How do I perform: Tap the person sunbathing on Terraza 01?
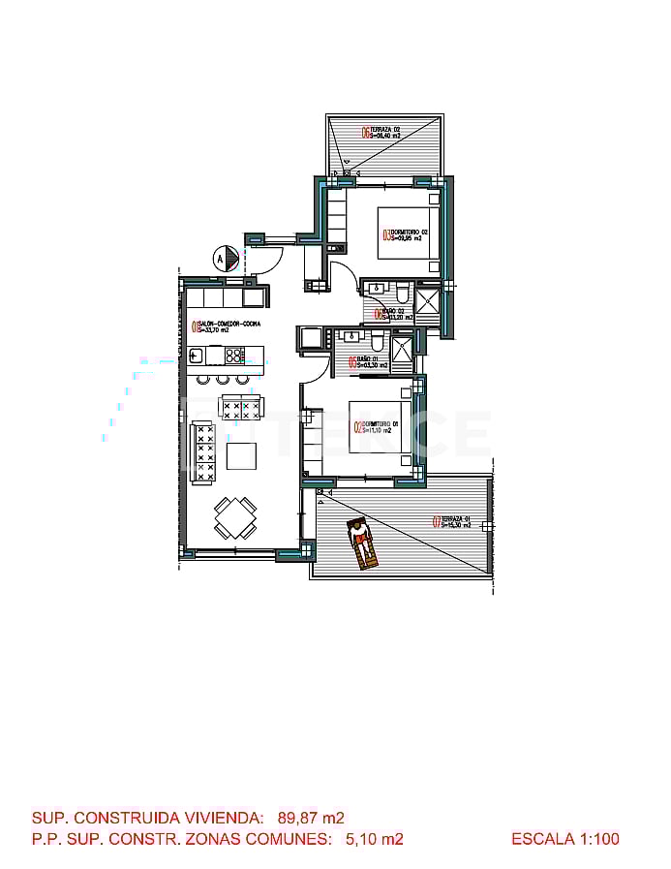pos(362,544)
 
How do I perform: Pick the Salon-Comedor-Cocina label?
pos(226,326)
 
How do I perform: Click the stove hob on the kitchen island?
pos(234,355)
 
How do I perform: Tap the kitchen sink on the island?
pos(195,355)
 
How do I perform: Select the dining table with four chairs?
pos(235,518)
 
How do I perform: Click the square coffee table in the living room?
pos(241,455)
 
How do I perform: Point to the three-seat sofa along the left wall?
pos(203,451)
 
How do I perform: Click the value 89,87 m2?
pos(311,818)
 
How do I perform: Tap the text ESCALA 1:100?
pos(564,839)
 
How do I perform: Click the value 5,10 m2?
pos(374,839)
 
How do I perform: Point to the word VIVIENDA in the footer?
pos(219,818)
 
